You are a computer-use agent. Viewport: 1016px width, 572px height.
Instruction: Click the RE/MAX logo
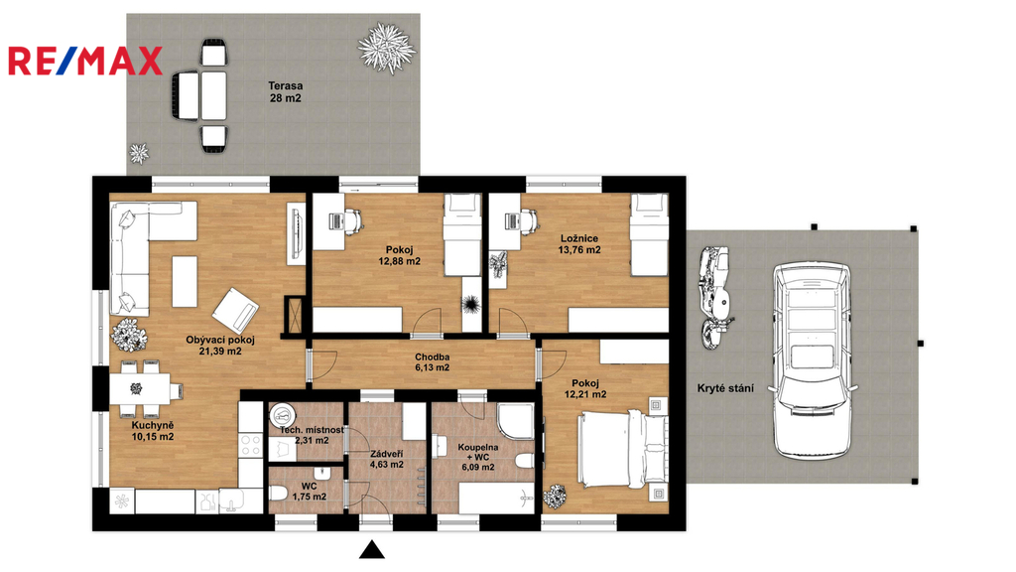coord(85,61)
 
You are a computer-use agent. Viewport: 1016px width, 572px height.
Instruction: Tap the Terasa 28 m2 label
coord(285,92)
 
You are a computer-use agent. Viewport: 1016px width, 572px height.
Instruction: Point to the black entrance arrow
coord(372,550)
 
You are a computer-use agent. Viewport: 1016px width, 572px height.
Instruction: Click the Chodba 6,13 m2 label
coord(433,361)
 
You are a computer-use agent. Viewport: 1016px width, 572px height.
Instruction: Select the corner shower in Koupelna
coord(516,421)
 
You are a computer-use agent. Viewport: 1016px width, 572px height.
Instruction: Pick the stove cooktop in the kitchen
coord(250,445)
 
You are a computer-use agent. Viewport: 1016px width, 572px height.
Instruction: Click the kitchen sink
coord(231,501)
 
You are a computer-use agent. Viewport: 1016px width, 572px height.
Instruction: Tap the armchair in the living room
coord(235,311)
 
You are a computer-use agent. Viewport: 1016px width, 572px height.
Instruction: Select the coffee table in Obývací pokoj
coord(185,281)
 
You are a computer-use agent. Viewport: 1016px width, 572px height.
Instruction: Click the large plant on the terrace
coord(387,48)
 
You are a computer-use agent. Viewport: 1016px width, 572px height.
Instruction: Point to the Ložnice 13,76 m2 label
coord(579,244)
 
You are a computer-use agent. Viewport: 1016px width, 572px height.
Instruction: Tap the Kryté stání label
coord(725,388)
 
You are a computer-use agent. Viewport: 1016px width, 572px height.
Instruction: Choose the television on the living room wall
coord(296,234)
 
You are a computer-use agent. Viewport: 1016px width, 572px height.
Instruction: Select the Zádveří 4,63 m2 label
coord(387,459)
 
